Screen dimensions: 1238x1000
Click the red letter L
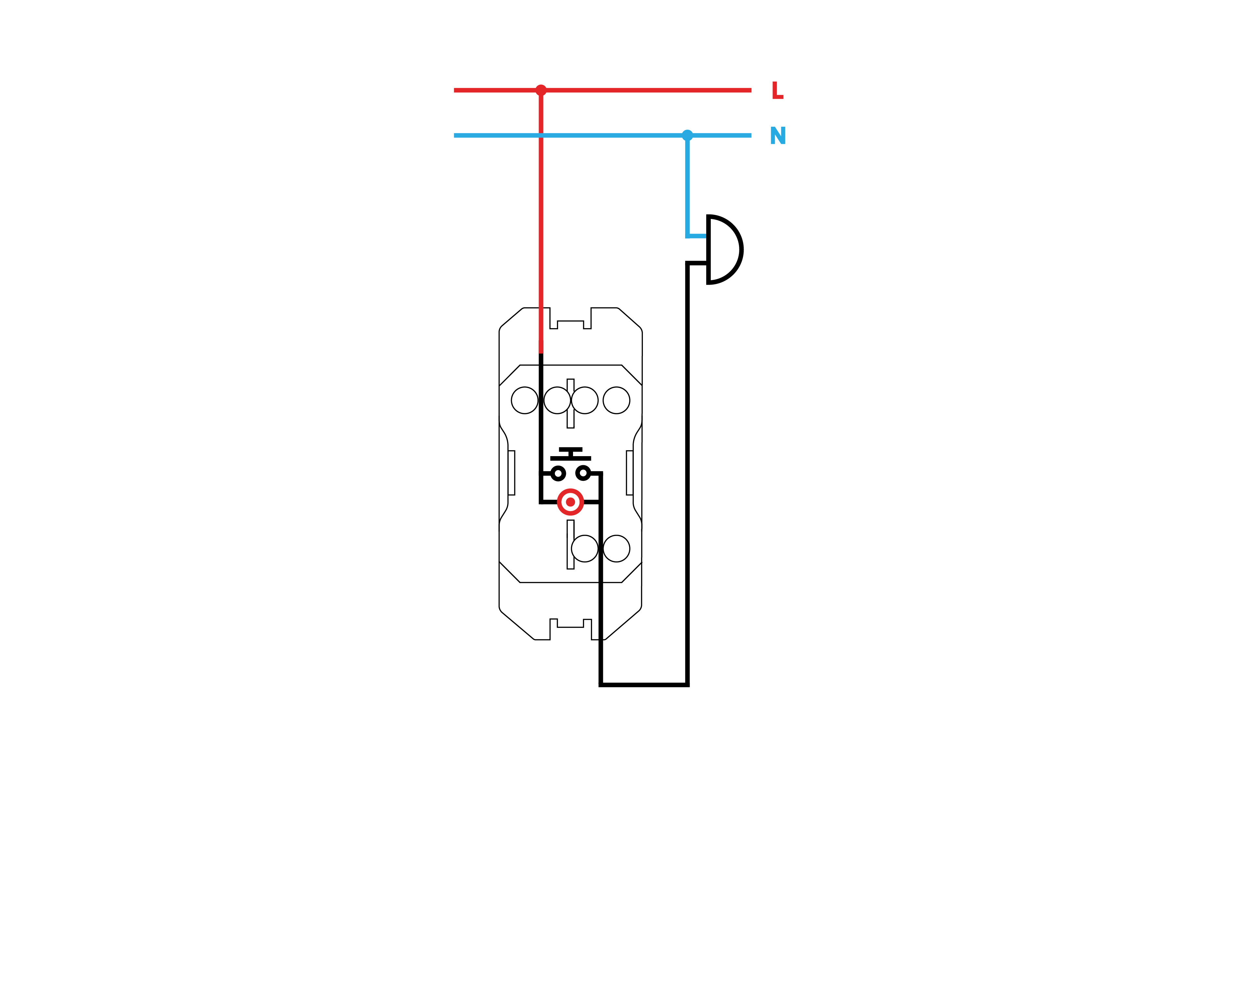[x=777, y=90]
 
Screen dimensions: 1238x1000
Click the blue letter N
[x=778, y=135]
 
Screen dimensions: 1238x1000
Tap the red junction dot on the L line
[x=541, y=90]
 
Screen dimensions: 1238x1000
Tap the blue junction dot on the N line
[x=687, y=135]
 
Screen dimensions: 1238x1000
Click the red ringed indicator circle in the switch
[x=570, y=502]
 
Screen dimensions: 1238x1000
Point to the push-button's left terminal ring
[x=557, y=473]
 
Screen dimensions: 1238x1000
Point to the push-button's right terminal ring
[x=583, y=473]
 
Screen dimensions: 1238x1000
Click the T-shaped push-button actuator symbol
[x=570, y=454]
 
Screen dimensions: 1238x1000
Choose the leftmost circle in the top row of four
[x=525, y=400]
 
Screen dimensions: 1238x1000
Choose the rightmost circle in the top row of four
[x=616, y=400]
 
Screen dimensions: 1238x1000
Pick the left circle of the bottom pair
[x=584, y=548]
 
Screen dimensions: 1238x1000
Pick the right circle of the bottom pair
[x=616, y=548]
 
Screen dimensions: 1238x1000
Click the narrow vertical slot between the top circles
[x=570, y=403]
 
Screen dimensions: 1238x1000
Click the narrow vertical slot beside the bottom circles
[x=570, y=545]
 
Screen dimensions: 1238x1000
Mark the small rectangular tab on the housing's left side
[x=511, y=473]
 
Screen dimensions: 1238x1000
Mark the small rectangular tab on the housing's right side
[x=629, y=473]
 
